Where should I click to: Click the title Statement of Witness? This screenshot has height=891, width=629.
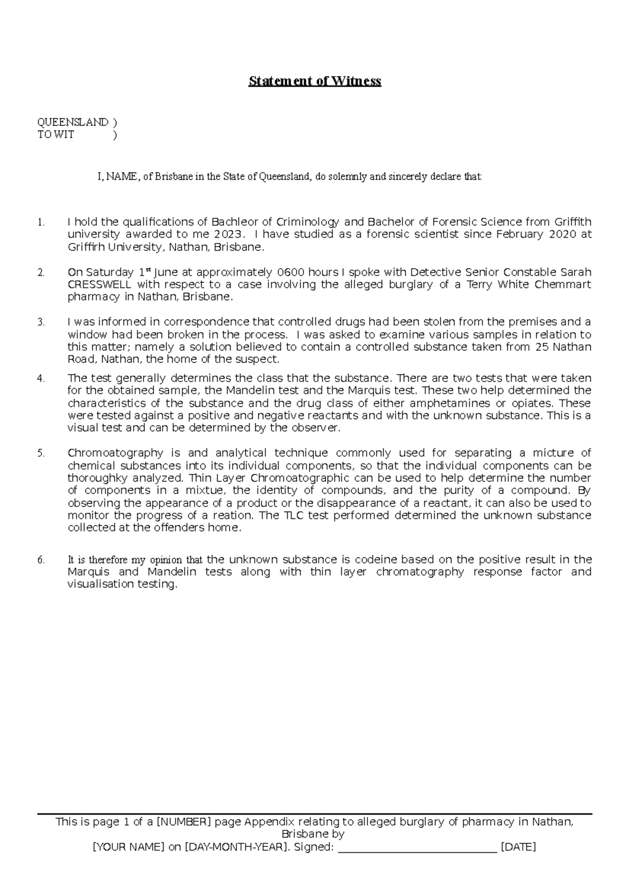pos(314,81)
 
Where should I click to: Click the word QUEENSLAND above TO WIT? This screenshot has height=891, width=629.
pos(72,122)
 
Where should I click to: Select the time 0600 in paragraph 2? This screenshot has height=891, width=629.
pos(290,272)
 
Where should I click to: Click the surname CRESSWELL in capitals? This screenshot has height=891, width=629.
pos(100,285)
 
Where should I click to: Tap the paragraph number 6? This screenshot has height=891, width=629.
pos(41,560)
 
